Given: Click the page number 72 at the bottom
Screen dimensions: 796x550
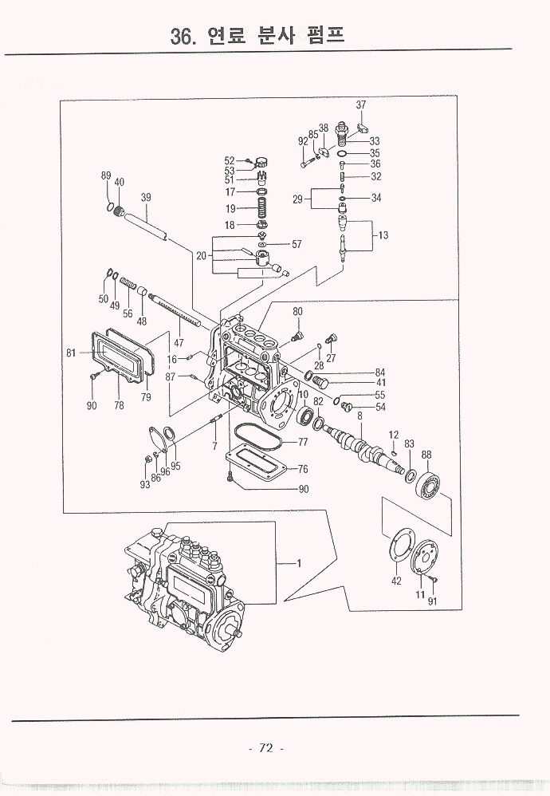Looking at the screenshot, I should [x=266, y=747].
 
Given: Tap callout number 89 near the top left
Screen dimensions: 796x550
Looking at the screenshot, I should [x=106, y=175].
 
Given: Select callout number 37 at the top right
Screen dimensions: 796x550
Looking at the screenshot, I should [x=361, y=105].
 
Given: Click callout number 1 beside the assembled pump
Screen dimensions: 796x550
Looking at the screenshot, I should [x=299, y=565].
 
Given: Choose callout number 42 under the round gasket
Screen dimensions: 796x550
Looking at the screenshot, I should [x=396, y=581].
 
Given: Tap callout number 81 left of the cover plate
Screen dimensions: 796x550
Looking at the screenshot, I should [x=71, y=352].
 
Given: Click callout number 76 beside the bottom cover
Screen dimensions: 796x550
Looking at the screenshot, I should [x=302, y=469].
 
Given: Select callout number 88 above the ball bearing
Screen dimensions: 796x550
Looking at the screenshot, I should [x=426, y=455].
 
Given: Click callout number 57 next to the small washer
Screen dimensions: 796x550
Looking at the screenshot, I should [x=297, y=243].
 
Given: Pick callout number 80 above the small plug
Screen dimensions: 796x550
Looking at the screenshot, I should [x=297, y=311].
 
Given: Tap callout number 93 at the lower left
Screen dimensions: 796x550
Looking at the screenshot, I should [x=144, y=484].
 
